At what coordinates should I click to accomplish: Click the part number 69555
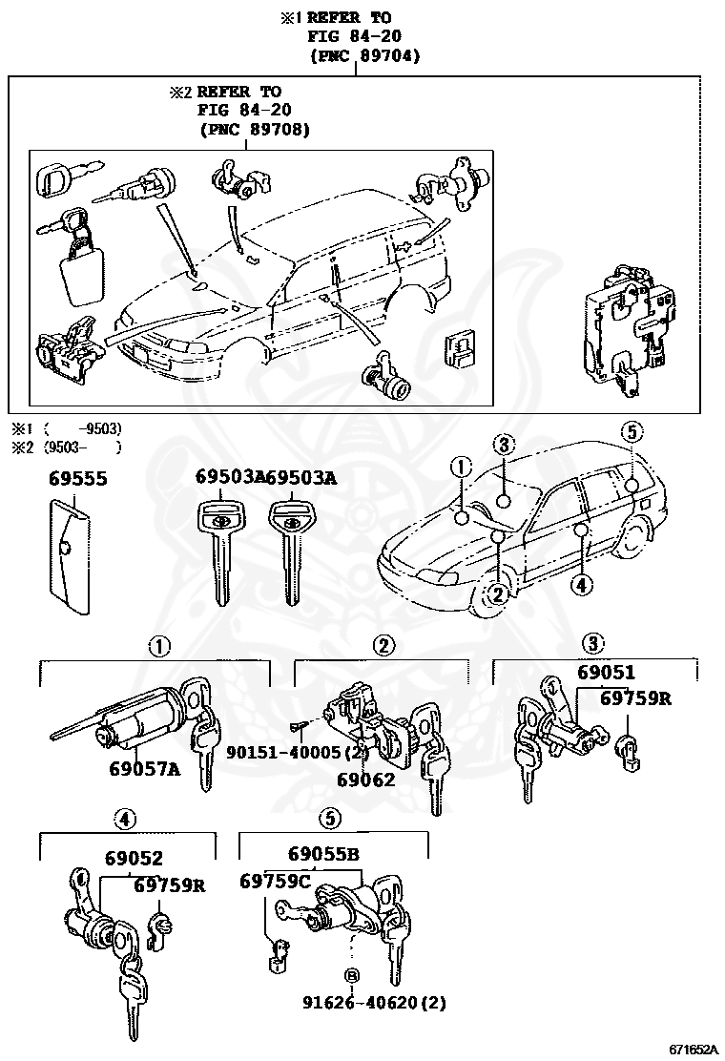coord(78,478)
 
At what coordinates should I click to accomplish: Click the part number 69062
coord(365,779)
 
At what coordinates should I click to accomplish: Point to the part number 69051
coord(606,673)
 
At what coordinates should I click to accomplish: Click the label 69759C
coord(275,881)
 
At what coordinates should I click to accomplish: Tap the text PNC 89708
coord(255,130)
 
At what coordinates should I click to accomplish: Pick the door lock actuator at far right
coord(625,334)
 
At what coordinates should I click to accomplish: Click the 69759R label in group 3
coord(635,698)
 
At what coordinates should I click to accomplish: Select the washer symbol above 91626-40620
coord(352,975)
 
